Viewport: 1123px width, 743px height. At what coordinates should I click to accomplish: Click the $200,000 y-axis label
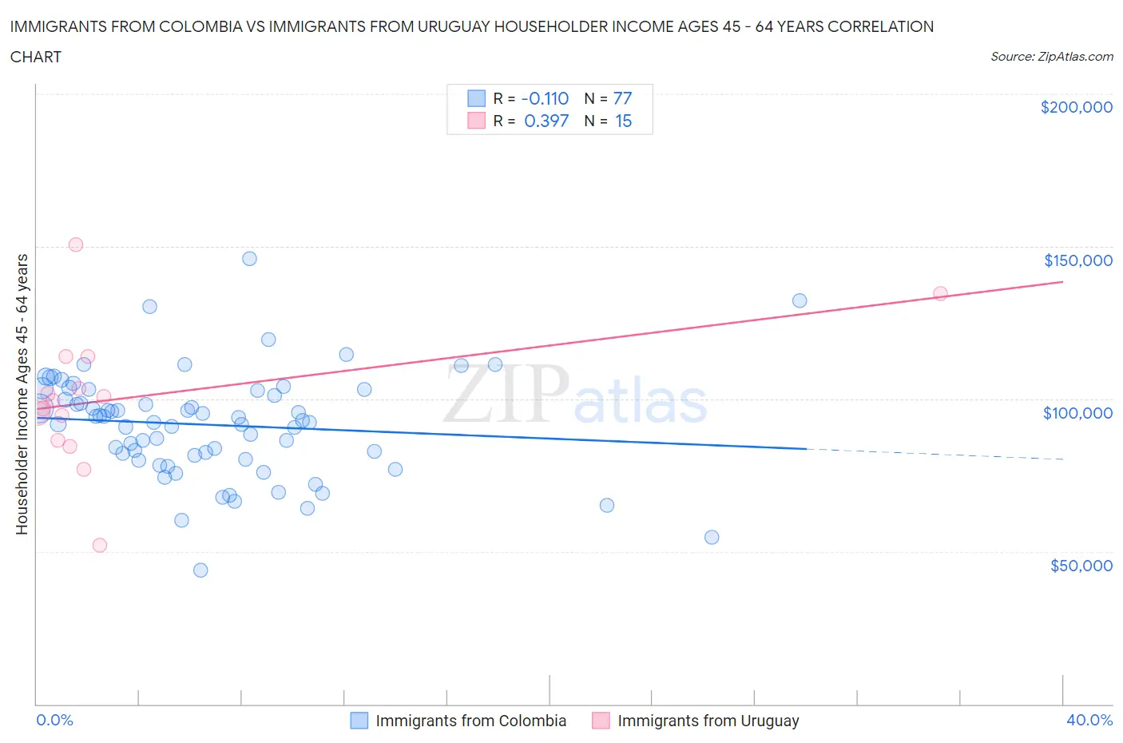click(1076, 107)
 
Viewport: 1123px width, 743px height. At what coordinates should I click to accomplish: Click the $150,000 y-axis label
click(1077, 260)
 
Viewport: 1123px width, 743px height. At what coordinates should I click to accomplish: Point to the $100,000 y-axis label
click(1077, 413)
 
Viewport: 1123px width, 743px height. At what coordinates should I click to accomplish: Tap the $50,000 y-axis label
click(1081, 566)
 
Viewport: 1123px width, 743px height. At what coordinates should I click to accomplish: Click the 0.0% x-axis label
click(54, 720)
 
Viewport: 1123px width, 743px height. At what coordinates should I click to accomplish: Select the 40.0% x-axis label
click(1089, 720)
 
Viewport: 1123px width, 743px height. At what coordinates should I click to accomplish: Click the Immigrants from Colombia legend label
click(470, 721)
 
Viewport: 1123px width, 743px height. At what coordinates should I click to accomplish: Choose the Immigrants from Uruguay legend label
click(708, 721)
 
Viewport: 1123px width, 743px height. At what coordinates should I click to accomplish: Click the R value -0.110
click(545, 98)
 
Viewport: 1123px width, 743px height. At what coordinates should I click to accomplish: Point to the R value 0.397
click(546, 121)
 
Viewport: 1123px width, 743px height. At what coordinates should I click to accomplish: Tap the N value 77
click(622, 98)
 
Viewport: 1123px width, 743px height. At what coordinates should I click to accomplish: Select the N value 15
click(623, 121)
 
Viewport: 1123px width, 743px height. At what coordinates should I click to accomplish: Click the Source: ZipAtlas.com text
click(1051, 56)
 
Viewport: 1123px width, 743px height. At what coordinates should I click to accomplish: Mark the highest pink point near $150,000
click(76, 244)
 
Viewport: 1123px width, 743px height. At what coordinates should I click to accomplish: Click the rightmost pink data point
click(940, 293)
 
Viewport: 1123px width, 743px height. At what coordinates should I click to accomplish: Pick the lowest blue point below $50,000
click(200, 570)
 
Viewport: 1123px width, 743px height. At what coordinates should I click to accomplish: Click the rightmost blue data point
click(800, 300)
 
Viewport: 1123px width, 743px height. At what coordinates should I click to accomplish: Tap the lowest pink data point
click(100, 545)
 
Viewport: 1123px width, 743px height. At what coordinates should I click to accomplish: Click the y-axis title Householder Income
click(22, 394)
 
